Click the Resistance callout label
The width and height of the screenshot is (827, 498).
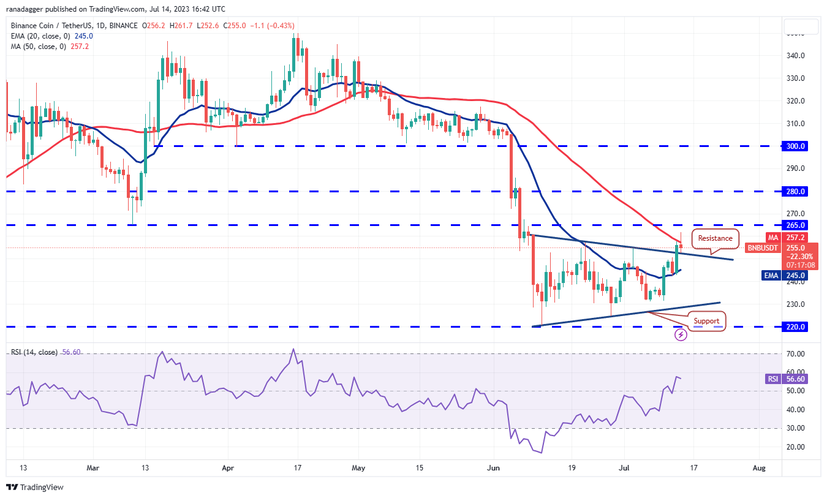(x=715, y=238)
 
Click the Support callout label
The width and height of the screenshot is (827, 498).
(x=706, y=320)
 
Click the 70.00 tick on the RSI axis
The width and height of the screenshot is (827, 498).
(x=796, y=354)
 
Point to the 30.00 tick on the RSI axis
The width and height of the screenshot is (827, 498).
(x=796, y=428)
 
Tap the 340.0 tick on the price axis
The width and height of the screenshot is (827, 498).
(x=796, y=56)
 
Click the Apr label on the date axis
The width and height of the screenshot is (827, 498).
(x=228, y=468)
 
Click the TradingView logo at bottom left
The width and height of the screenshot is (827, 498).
(x=35, y=488)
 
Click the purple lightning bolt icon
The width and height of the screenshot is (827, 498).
(x=681, y=335)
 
